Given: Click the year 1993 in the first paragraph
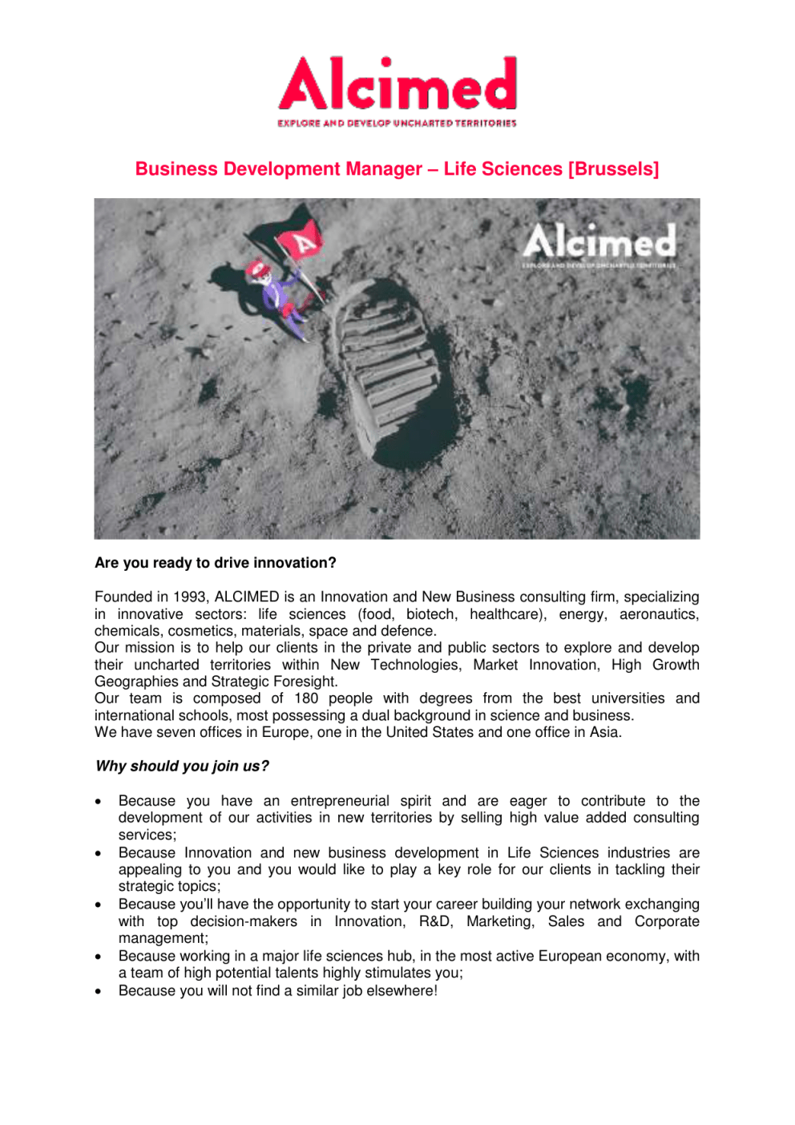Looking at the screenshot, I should [189, 597].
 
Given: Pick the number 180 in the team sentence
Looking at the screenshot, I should [305, 698].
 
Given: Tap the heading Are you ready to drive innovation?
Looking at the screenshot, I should [216, 563].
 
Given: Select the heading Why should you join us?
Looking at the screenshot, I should [183, 767].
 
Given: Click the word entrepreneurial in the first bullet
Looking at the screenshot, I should [340, 801].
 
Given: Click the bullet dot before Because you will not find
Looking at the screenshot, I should [98, 992].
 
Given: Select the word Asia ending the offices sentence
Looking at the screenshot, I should [605, 733].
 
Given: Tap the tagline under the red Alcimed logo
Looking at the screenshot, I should [397, 123].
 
